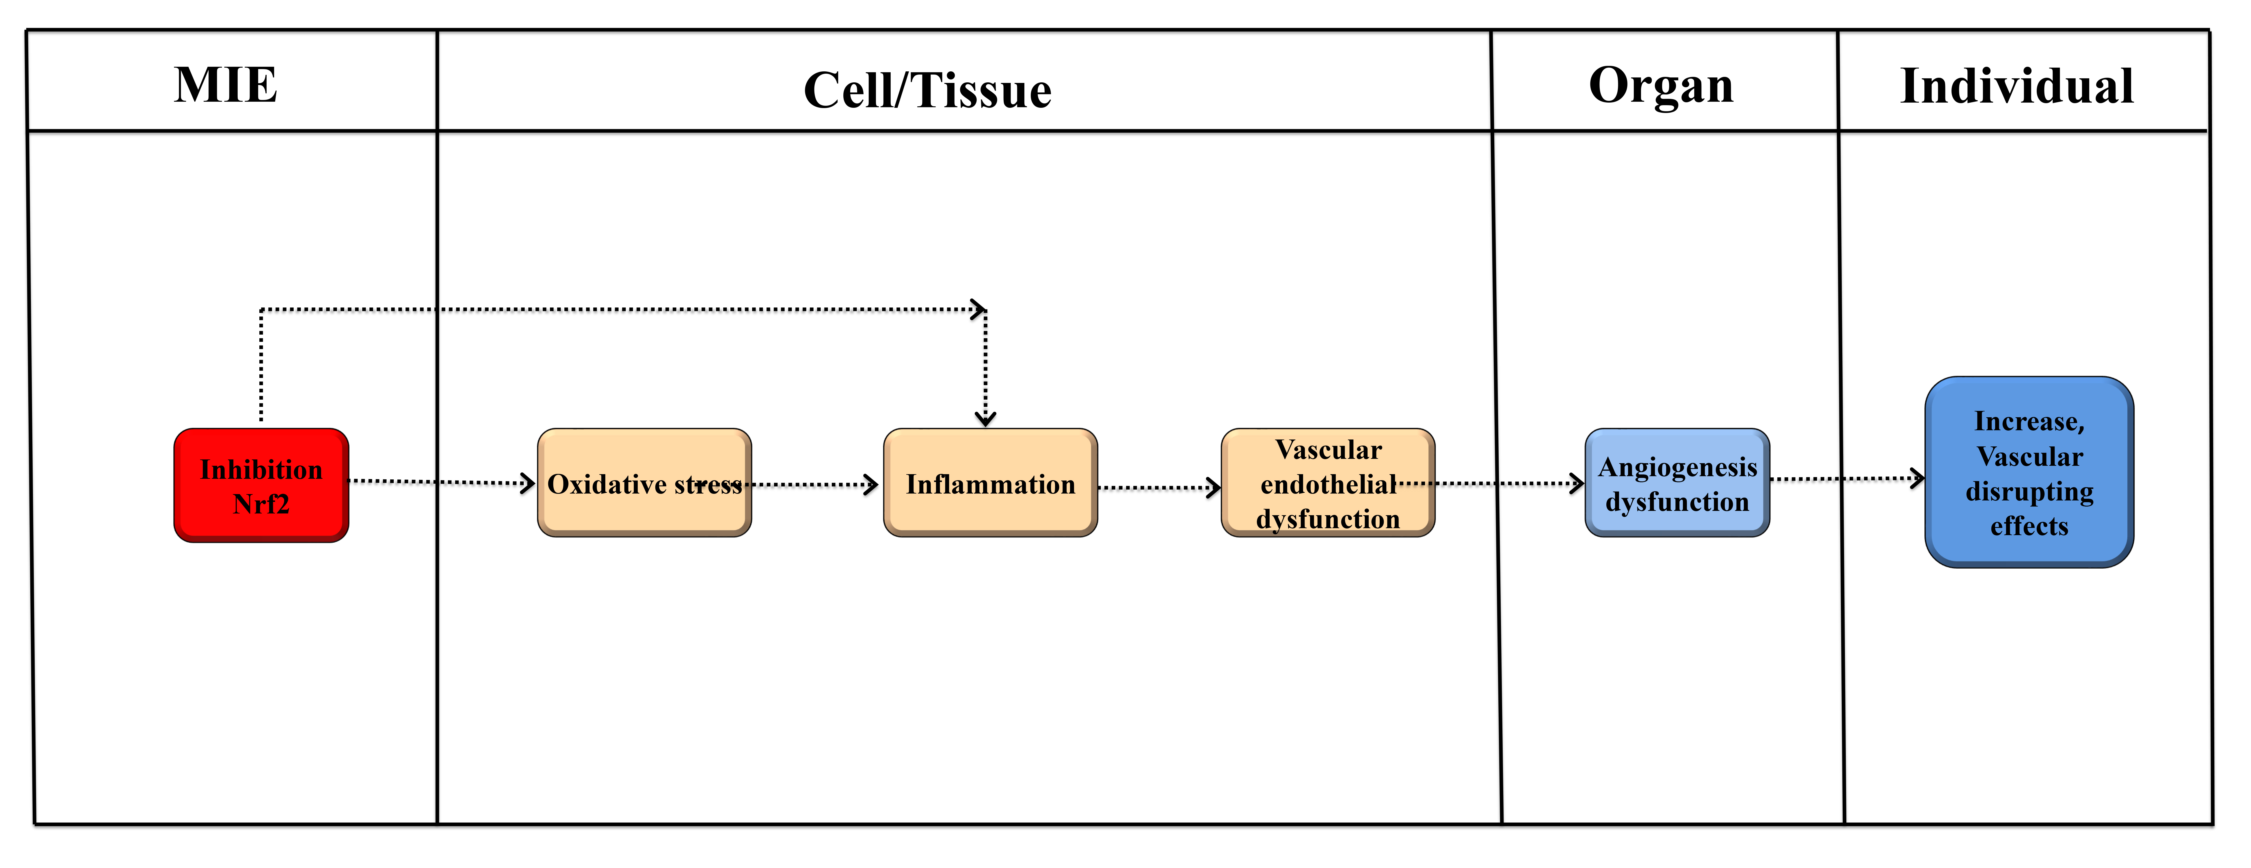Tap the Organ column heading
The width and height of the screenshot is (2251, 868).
click(1661, 86)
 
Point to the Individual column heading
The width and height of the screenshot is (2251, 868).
click(2017, 86)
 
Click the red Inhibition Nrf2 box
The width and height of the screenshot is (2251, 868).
click(261, 485)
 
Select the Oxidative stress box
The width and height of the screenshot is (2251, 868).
click(644, 483)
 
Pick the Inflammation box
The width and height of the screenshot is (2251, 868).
click(990, 483)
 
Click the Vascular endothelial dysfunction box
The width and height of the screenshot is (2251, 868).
click(1327, 483)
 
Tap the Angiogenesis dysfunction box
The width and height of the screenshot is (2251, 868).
click(1677, 483)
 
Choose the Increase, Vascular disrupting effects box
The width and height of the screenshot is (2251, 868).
click(2029, 472)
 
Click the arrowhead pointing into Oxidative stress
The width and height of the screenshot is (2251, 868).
click(528, 483)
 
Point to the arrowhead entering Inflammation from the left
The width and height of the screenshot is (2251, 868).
click(871, 484)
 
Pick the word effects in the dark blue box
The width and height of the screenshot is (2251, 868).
click(2029, 526)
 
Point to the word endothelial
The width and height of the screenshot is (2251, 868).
click(1327, 484)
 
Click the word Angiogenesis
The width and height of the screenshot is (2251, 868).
click(1677, 468)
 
